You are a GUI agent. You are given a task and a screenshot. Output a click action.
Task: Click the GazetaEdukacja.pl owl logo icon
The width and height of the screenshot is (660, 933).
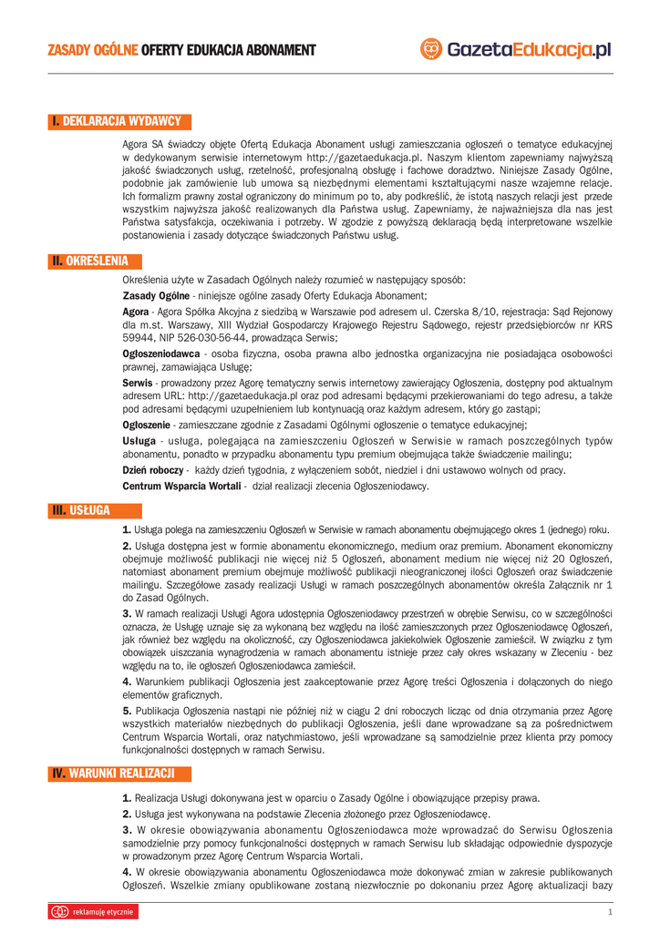[x=432, y=49]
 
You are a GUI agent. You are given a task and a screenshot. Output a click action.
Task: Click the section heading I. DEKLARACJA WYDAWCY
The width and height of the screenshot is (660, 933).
[x=119, y=121]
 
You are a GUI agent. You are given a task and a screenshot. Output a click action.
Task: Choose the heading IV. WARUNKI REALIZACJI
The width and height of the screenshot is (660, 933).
[x=119, y=774]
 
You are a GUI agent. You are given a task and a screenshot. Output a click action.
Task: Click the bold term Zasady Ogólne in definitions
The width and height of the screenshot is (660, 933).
[x=156, y=296]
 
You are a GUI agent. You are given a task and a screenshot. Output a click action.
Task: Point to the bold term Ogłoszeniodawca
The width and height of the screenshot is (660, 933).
[x=161, y=353]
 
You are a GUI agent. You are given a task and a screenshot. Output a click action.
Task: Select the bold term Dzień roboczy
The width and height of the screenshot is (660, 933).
[x=153, y=469]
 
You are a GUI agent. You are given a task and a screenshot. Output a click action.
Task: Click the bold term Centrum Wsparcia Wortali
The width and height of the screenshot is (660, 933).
[x=181, y=487]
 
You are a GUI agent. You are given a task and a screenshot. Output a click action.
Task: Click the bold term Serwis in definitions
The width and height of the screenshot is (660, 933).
[x=137, y=384]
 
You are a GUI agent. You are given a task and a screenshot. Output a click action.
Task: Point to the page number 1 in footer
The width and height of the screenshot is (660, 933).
[x=609, y=912]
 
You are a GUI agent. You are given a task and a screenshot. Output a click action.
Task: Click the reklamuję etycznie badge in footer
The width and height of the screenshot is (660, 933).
[x=93, y=911]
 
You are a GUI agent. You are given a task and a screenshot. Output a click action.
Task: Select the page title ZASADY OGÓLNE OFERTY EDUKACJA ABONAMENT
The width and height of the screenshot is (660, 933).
[x=181, y=49]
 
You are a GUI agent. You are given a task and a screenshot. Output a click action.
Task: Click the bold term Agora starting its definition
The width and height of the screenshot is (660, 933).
[x=136, y=312]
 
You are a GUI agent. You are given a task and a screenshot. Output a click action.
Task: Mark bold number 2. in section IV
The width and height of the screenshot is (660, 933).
[x=128, y=814]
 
